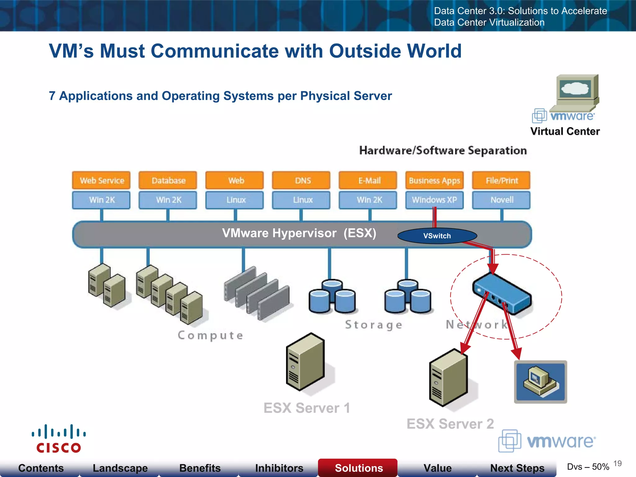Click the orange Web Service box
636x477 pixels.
(101, 180)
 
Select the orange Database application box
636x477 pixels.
(168, 180)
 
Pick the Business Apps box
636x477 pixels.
(434, 180)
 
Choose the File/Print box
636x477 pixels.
(501, 180)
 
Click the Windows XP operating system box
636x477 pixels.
(434, 200)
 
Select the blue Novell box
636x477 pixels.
(501, 200)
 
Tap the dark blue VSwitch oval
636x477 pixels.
(437, 236)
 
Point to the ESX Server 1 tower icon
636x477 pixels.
(306, 362)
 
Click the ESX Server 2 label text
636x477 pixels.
(450, 424)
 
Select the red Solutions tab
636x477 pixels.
(358, 468)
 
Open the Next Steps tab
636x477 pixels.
(517, 468)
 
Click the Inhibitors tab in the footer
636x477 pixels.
(279, 468)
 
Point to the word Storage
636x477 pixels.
(374, 325)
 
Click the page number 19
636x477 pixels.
(617, 463)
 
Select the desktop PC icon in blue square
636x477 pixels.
(540, 382)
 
